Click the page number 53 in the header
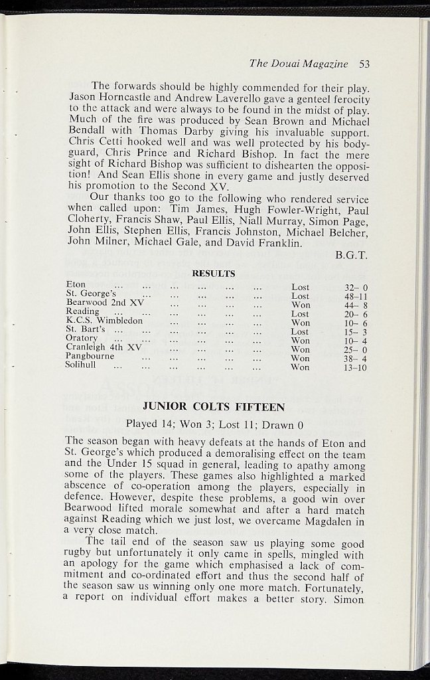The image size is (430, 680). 364,64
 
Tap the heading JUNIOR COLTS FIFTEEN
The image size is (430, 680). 214,407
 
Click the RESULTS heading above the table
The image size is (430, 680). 214,273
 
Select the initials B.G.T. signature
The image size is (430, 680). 351,255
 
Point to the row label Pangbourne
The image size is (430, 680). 91,356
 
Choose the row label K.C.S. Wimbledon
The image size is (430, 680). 104,320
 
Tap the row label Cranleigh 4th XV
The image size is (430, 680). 103,347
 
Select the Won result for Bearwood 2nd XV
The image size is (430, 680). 300,305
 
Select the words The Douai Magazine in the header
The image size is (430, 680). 299,64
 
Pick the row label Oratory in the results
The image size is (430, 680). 82,338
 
